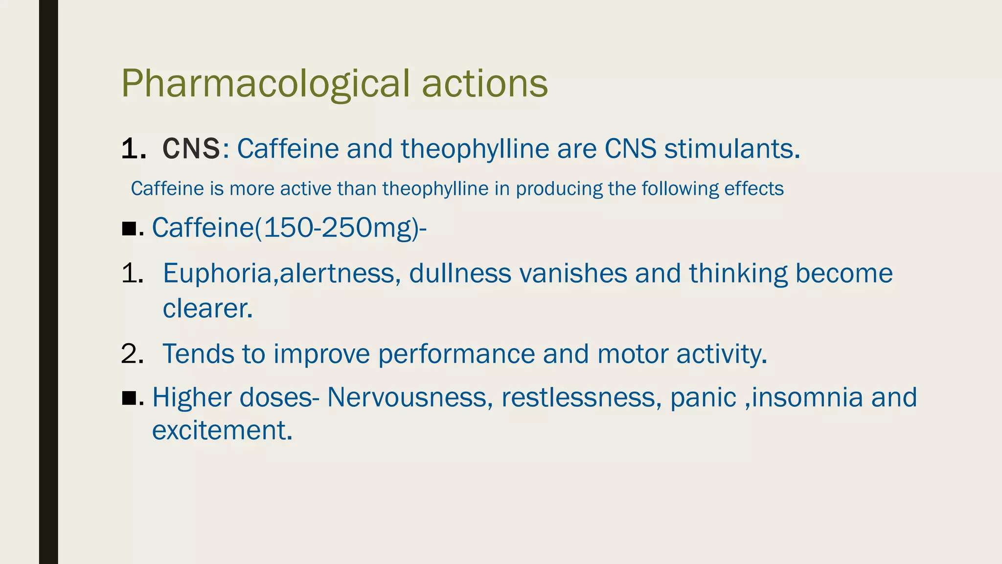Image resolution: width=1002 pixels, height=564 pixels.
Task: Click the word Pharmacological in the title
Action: [265, 84]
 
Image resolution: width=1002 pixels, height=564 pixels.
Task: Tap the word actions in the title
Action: [484, 84]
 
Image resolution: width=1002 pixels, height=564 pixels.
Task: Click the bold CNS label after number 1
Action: [191, 149]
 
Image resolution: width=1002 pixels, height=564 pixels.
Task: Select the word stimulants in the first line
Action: [731, 149]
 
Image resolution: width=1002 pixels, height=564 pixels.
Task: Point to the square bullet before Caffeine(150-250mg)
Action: [129, 228]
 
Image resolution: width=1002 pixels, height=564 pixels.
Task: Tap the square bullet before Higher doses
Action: [129, 398]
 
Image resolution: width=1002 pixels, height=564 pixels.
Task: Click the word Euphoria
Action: [217, 273]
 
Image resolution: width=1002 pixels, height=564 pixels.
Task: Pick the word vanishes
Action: [573, 273]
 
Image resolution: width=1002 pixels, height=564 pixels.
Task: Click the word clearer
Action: [207, 308]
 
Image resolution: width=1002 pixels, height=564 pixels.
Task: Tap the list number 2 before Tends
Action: [132, 354]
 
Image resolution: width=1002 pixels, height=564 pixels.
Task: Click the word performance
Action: [456, 354]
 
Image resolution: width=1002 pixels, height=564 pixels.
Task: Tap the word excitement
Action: [222, 431]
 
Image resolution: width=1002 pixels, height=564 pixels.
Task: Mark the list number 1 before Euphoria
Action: [132, 273]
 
